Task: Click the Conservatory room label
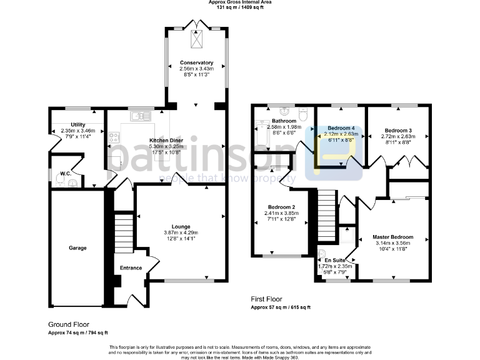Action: [197, 62]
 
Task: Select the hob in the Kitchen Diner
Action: [114, 138]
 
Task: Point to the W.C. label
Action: [66, 173]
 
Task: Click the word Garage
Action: [77, 247]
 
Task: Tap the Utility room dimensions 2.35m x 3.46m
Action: [77, 130]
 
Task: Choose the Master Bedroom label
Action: [393, 237]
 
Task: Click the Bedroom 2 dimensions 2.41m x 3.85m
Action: [282, 213]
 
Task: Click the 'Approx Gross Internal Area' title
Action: [240, 2]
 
